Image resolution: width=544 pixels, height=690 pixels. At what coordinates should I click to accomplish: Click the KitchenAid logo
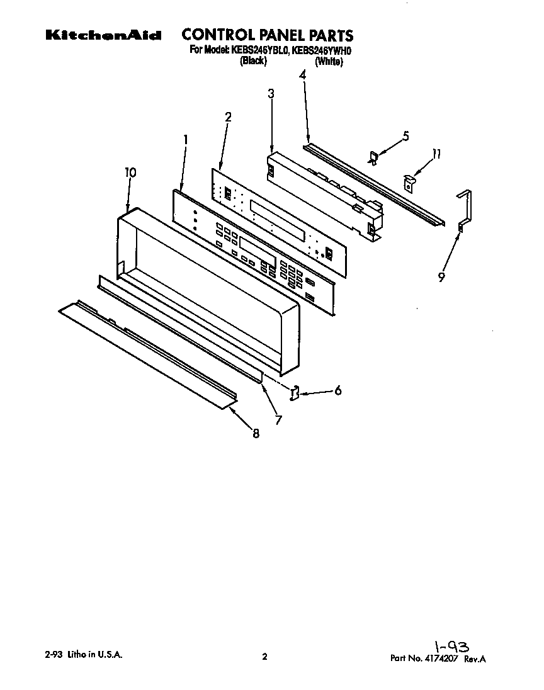tap(103, 36)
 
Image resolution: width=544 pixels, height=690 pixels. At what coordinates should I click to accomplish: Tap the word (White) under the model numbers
tap(329, 62)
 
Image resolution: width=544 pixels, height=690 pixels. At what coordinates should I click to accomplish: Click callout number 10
tap(130, 172)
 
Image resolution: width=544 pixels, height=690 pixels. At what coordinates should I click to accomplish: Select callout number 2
tap(228, 116)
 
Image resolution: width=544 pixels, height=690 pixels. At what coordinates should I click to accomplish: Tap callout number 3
tap(271, 94)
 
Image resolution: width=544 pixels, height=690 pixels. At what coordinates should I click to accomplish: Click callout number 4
tap(302, 75)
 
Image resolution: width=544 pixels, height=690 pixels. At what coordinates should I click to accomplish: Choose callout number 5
tap(405, 135)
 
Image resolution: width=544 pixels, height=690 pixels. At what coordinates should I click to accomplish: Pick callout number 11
tap(436, 154)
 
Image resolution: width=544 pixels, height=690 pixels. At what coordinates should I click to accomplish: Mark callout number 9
tap(441, 276)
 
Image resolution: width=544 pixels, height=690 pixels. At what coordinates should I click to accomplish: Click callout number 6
tap(338, 390)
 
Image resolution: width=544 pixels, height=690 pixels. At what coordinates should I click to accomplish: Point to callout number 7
tap(278, 419)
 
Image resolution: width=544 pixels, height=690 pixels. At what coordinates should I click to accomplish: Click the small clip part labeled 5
tap(373, 157)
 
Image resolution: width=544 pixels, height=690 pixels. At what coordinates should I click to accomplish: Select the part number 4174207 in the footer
tap(443, 659)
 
